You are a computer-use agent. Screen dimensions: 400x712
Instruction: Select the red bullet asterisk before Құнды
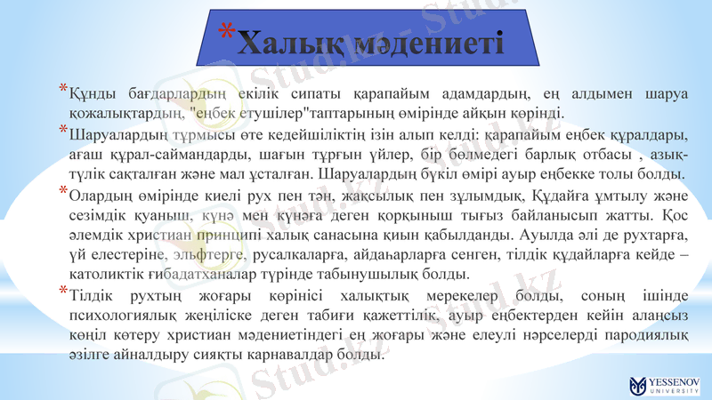click(62, 89)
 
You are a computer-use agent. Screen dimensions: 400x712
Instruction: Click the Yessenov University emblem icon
click(637, 385)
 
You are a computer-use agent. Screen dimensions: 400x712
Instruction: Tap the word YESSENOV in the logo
click(674, 380)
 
